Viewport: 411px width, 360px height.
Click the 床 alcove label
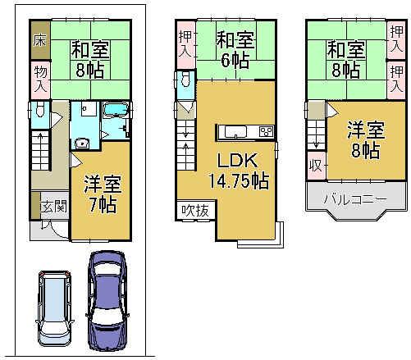(39, 39)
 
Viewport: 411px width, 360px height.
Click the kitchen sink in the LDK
(232, 131)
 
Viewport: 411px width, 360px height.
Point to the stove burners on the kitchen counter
(265, 131)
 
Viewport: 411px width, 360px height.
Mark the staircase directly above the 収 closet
(316, 131)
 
